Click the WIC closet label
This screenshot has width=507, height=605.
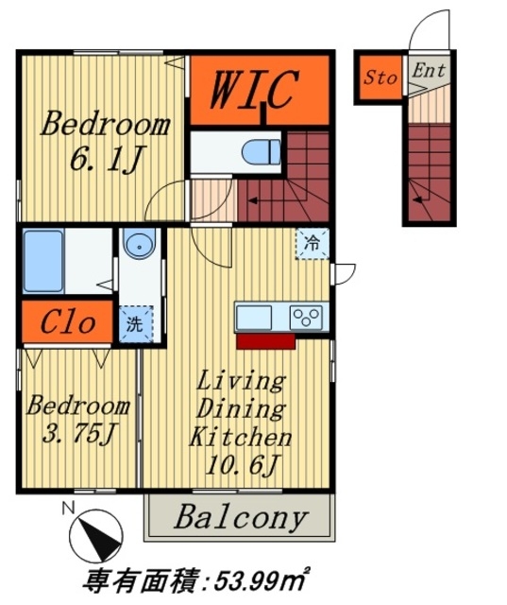point(254,90)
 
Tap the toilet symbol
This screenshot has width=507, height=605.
point(262,151)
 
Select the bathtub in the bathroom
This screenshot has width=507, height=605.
point(43,261)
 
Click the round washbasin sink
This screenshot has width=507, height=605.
point(139,244)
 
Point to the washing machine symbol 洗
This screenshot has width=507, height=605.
point(136,324)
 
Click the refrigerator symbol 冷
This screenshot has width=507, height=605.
point(313,244)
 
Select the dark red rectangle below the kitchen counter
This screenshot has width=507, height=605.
point(266,341)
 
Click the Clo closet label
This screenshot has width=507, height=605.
point(68,322)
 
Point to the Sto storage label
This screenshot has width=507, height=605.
point(380,78)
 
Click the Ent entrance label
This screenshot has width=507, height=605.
point(429,71)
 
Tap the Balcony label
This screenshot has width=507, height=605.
point(241,517)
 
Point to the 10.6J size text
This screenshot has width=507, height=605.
point(242,464)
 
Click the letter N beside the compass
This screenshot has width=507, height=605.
point(68,509)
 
